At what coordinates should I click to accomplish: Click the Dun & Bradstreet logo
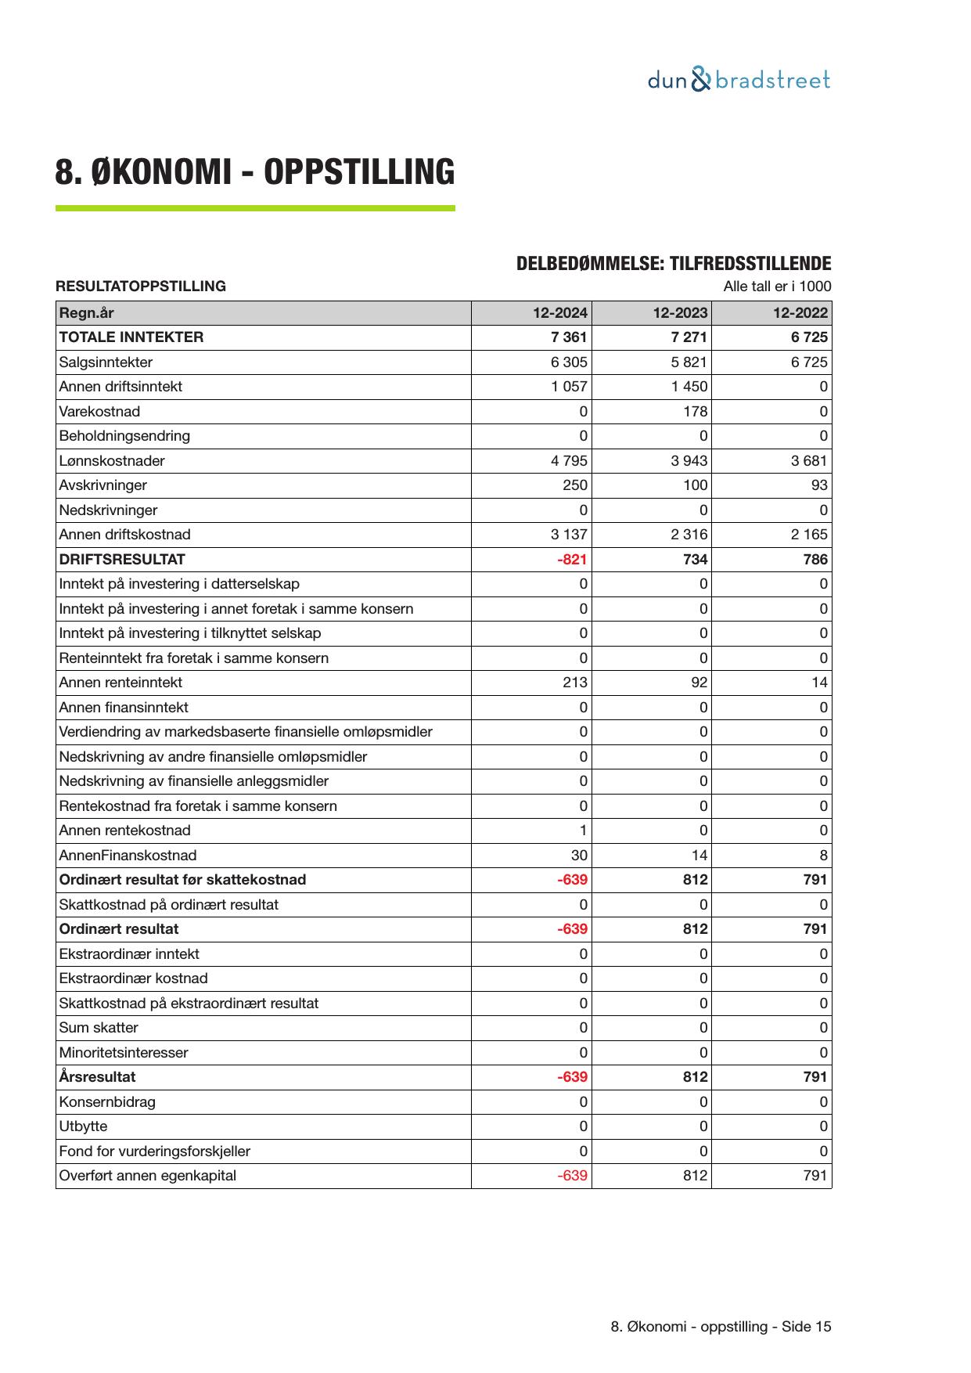pos(738,81)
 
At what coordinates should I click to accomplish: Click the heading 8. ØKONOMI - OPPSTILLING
pos(254,172)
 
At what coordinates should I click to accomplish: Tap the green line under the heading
pos(254,208)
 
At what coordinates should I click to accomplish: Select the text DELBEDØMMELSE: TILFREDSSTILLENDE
pos(673,264)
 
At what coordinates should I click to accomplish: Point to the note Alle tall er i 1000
pos(776,286)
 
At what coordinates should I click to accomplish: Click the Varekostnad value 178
pos(695,412)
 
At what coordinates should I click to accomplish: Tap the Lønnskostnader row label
pos(112,461)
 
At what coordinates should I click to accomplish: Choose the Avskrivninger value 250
pos(574,485)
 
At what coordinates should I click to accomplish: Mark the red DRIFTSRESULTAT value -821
pos(572,560)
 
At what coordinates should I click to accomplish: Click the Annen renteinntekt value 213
pos(574,683)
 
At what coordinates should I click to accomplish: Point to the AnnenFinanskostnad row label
pos(128,856)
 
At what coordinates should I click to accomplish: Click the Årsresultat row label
pos(97,1077)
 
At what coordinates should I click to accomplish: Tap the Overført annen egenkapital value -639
pos(572,1176)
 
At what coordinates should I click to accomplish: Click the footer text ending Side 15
pos(720,1327)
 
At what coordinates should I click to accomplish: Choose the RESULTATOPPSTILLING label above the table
pos(141,286)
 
